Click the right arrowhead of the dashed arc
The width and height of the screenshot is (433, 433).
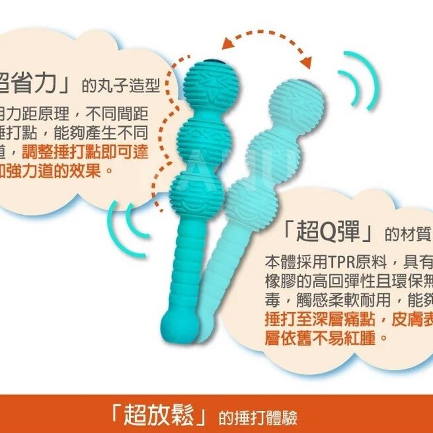click(305, 61)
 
